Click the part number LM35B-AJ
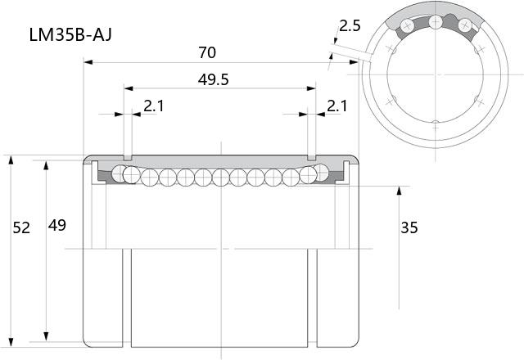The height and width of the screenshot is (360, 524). coord(70,34)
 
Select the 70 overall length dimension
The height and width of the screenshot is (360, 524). coord(207,52)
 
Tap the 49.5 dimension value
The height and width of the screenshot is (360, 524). coord(213,80)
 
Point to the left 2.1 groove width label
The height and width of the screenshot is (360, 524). coord(154,106)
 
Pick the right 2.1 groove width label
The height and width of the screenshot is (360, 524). coord(337,106)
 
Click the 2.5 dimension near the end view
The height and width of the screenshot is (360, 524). coord(350,25)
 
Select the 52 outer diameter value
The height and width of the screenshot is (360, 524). coord(21,227)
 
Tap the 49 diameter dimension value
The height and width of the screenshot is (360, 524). coord(57,226)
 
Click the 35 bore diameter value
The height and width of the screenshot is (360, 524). coord(409,227)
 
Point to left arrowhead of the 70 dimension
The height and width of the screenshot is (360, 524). coord(88,62)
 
